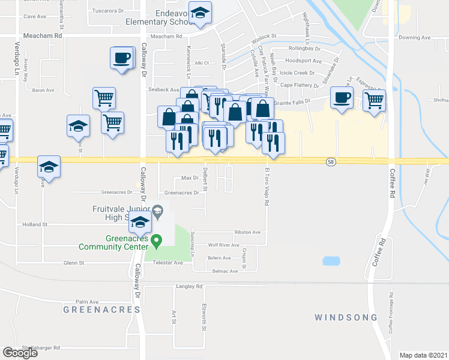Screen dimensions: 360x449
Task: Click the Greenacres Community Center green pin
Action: (x=157, y=242)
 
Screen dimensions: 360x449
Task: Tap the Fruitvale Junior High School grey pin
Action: (x=157, y=210)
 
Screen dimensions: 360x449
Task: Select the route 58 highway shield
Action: (x=331, y=162)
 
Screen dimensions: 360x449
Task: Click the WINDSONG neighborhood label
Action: (x=346, y=317)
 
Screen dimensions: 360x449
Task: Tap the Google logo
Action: (x=20, y=353)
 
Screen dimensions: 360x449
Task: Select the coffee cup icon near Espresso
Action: (x=342, y=98)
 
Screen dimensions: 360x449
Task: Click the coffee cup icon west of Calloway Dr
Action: (x=121, y=58)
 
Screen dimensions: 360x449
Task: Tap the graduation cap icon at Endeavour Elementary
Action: (x=200, y=13)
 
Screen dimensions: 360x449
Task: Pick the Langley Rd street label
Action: (x=189, y=287)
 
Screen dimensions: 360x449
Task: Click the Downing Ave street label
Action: (x=415, y=37)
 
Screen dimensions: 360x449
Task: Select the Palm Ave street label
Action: (x=86, y=302)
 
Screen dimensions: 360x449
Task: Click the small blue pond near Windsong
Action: (x=330, y=260)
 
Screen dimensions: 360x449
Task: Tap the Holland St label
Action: (x=35, y=224)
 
